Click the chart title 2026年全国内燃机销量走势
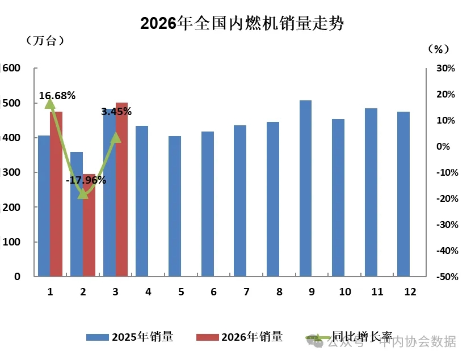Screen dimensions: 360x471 (242, 23)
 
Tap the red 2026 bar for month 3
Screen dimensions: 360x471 (122, 189)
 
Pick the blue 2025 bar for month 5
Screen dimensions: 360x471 (175, 206)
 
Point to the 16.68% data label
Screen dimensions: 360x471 (57, 96)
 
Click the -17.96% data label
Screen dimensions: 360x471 (86, 180)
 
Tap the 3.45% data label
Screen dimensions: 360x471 (116, 112)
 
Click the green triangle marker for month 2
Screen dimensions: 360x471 (83, 193)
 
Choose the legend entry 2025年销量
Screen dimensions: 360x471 (130, 337)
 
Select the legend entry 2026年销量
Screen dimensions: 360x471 (239, 337)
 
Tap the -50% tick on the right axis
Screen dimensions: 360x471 (446, 277)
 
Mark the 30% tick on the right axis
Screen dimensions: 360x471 (447, 68)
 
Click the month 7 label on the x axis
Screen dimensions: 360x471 (246, 292)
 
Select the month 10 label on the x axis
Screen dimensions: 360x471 (345, 292)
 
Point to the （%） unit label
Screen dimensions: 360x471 (438, 49)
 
